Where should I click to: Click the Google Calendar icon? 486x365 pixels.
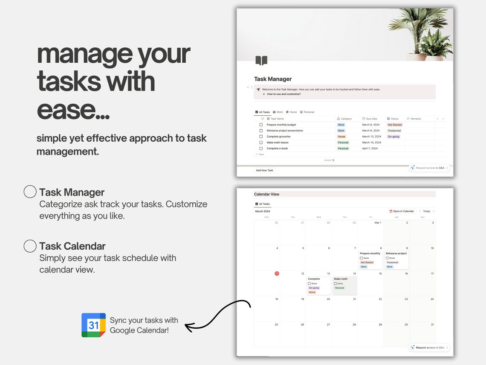click(93, 325)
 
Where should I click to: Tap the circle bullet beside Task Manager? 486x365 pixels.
click(30, 192)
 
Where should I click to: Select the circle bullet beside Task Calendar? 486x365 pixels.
click(30, 246)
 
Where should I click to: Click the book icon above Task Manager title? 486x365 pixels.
click(261, 61)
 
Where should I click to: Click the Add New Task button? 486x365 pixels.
click(264, 170)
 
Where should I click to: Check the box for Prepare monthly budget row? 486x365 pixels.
click(261, 125)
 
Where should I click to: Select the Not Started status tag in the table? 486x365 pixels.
click(394, 125)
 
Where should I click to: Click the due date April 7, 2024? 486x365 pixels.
click(370, 149)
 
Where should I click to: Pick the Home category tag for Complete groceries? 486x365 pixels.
click(341, 137)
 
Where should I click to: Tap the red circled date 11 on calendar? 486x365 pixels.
click(277, 274)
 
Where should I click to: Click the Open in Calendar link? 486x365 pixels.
click(402, 211)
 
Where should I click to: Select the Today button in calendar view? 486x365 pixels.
click(426, 211)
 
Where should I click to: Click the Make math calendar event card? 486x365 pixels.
click(344, 285)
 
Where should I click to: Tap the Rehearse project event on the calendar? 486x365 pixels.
click(396, 260)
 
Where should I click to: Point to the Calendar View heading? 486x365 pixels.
click(266, 194)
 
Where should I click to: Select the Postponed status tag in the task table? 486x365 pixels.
click(394, 131)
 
